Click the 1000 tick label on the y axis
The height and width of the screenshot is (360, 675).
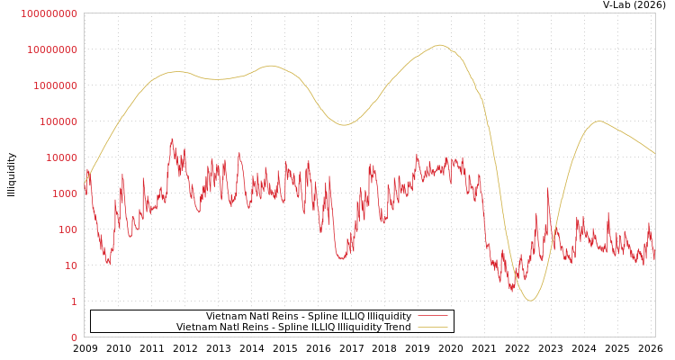tap(65, 193)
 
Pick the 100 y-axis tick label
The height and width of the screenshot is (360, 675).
tap(67, 229)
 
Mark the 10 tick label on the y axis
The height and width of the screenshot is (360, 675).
tap(71, 265)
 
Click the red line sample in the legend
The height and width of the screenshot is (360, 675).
tap(433, 316)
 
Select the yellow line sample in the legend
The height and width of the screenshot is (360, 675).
tap(433, 327)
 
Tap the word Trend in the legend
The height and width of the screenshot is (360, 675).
tap(396, 327)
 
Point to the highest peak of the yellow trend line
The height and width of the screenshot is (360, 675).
tap(439, 45)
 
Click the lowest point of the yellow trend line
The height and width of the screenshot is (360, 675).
tap(530, 300)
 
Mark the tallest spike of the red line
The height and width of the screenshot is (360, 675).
tap(172, 139)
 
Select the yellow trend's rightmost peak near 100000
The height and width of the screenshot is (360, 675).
tap(598, 121)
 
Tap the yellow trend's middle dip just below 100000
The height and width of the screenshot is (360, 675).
tap(344, 125)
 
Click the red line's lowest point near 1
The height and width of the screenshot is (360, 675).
tap(512, 291)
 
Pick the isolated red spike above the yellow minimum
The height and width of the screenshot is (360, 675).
tap(547, 189)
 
